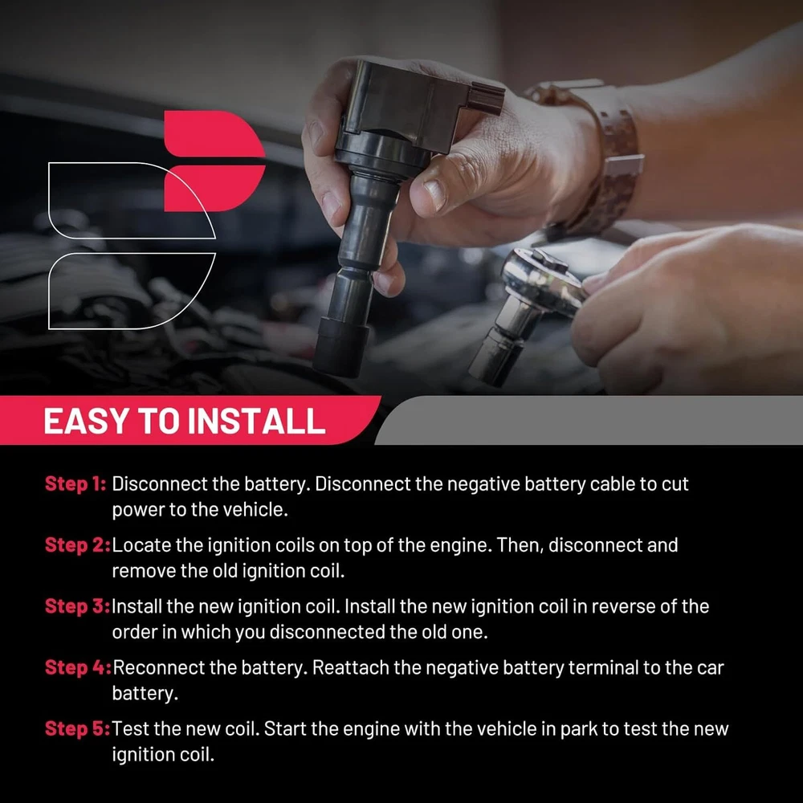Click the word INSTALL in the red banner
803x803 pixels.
255,421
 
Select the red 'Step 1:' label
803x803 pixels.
75,483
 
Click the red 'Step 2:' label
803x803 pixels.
77,545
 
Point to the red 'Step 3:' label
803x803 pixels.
77,605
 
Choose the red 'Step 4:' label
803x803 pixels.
78,667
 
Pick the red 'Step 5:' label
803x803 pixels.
77,728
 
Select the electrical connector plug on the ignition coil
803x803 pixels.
485,98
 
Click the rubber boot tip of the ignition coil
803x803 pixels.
340,349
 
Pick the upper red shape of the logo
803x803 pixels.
214,133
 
